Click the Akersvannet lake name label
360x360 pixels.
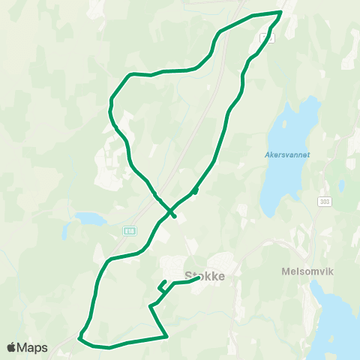click(287, 155)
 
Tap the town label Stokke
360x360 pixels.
click(205, 275)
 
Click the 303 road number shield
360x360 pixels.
click(324, 201)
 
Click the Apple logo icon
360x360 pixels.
click(12, 347)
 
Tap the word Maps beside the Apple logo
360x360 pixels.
click(34, 347)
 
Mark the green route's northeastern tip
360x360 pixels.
click(280, 12)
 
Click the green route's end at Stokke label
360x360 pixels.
click(198, 278)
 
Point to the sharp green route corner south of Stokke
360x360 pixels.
click(166, 336)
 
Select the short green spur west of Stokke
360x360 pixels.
click(162, 285)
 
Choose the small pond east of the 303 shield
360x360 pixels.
click(341, 184)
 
